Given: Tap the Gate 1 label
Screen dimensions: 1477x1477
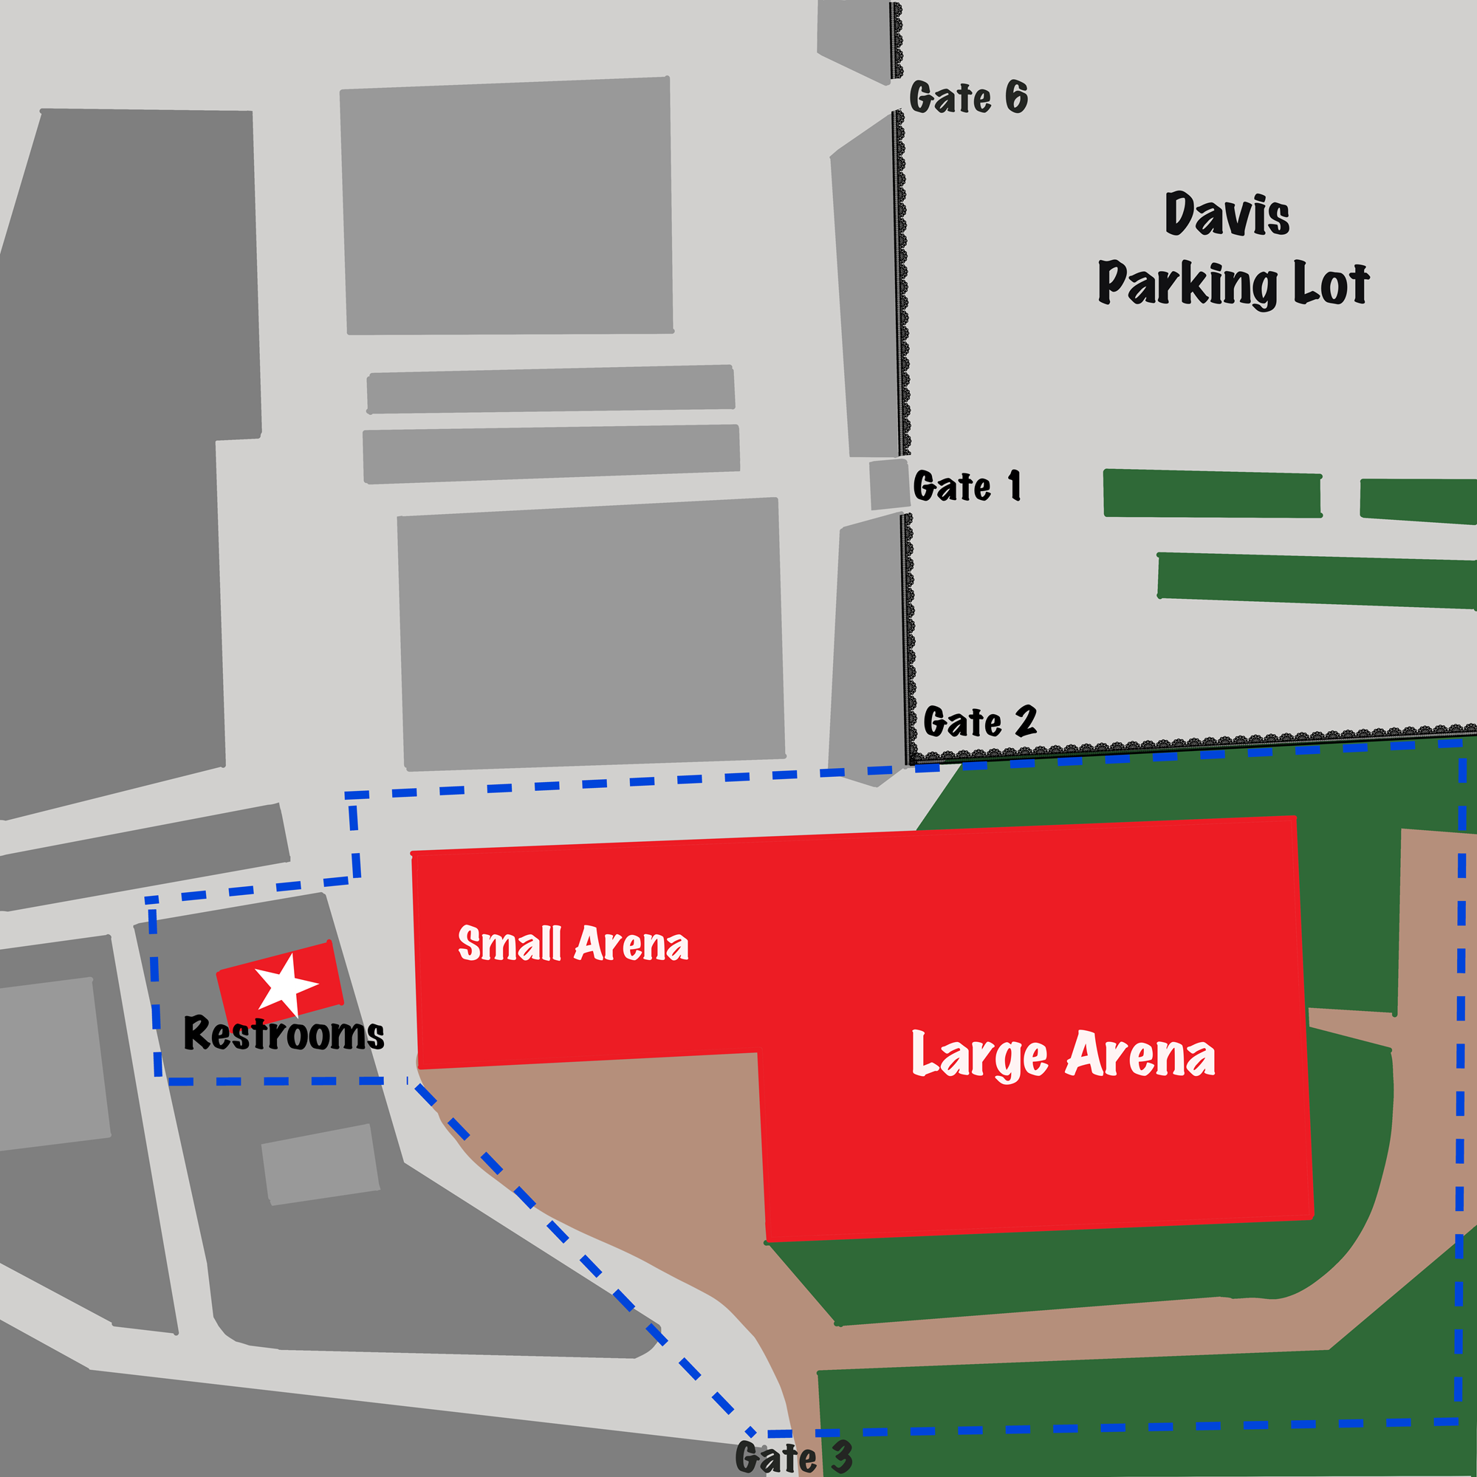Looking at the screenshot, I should [x=966, y=486].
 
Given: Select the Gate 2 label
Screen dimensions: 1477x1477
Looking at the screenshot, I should [x=979, y=721].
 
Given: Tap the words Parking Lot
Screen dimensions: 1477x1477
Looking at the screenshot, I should [x=1233, y=284].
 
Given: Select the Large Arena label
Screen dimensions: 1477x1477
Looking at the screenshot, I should [x=1063, y=1055].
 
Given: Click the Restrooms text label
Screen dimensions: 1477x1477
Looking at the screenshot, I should [x=284, y=1034].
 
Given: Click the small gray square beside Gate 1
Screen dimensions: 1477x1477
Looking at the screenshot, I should [x=888, y=484].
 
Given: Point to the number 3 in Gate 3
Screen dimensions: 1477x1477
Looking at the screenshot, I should [x=841, y=1457].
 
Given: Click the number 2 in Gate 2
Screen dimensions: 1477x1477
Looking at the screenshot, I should [x=1024, y=720].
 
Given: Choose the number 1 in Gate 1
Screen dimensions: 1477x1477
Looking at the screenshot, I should [x=1015, y=485].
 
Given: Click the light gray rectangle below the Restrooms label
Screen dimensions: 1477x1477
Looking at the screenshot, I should [x=321, y=1164].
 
